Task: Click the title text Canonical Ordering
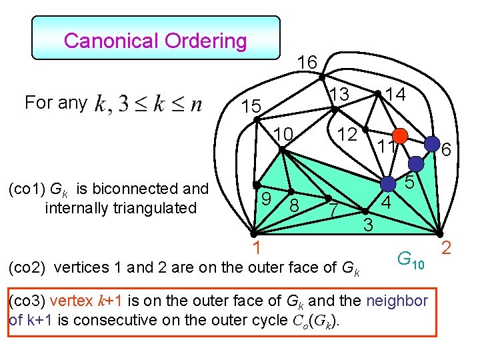155,41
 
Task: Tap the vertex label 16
307,63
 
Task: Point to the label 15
251,107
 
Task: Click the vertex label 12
347,133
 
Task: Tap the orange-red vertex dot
399,136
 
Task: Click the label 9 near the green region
265,198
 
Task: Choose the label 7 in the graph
333,211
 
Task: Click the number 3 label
367,225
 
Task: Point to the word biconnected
133,189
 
